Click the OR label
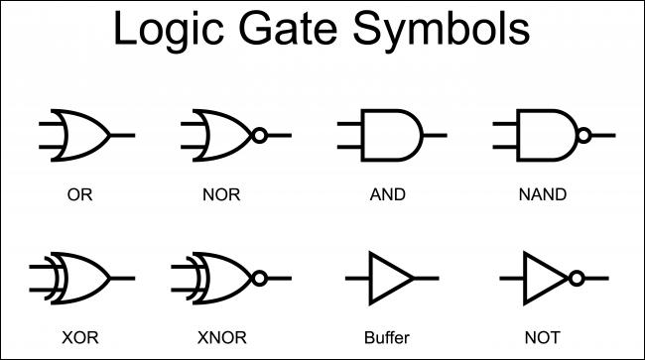[79, 194]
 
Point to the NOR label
[221, 194]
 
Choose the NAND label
[543, 194]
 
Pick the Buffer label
[386, 335]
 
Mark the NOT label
[543, 335]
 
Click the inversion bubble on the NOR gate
[259, 135]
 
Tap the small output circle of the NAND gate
[584, 135]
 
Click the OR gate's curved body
[85, 135]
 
